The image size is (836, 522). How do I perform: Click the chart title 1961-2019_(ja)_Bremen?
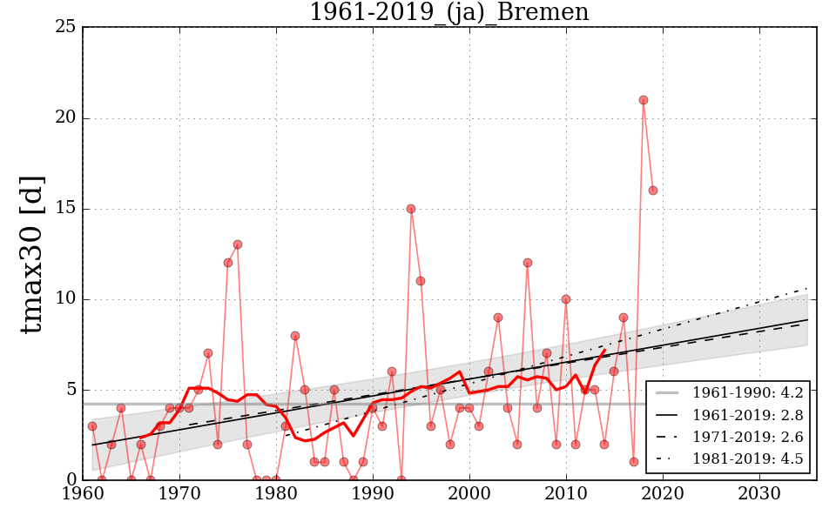pyautogui.click(x=448, y=12)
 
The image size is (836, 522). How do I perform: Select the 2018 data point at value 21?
pyautogui.click(x=644, y=100)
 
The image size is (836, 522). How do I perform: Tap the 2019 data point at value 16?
pyautogui.click(x=653, y=191)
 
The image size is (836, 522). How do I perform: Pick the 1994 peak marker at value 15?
pyautogui.click(x=411, y=209)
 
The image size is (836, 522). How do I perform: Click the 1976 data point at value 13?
pyautogui.click(x=237, y=244)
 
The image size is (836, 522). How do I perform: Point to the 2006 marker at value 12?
pyautogui.click(x=527, y=263)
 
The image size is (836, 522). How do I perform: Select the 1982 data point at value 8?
pyautogui.click(x=295, y=335)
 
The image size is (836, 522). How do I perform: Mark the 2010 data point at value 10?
pyautogui.click(x=566, y=299)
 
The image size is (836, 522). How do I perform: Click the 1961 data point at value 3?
pyautogui.click(x=92, y=426)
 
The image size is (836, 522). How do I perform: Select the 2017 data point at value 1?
pyautogui.click(x=634, y=462)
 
